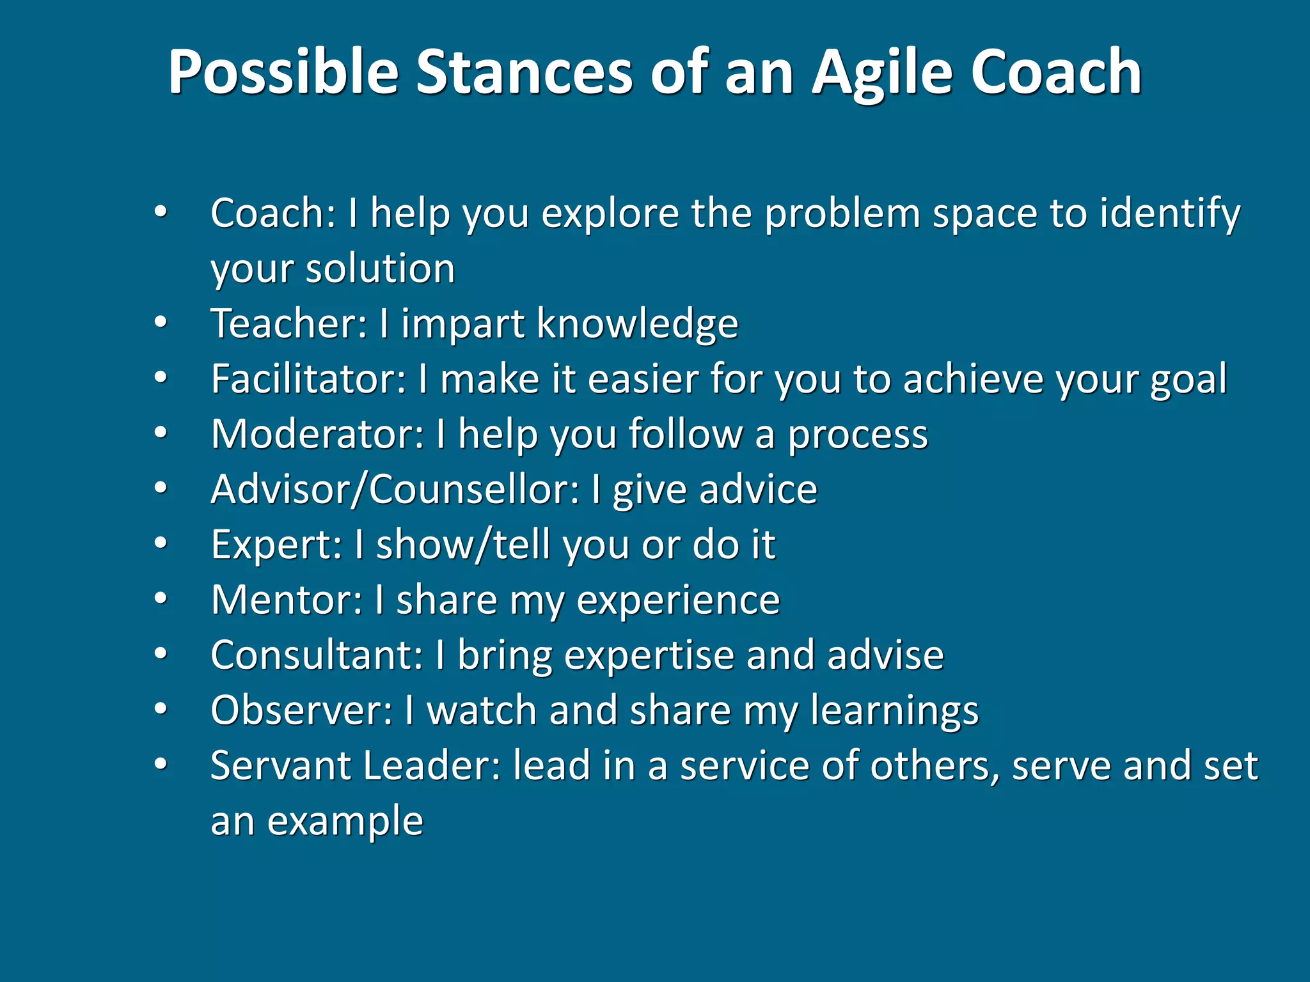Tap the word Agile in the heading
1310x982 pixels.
coord(882,73)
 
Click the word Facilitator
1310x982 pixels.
coord(308,378)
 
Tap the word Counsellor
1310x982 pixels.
coord(473,490)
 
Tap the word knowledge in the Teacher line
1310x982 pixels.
coord(637,324)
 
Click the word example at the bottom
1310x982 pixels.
coord(345,822)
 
